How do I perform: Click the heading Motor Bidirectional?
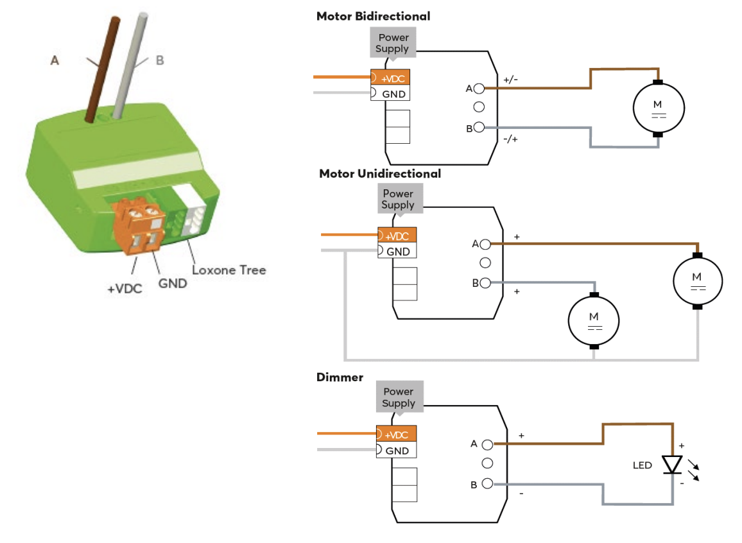point(373,16)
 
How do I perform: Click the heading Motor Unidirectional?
point(379,173)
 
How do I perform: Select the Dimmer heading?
point(340,377)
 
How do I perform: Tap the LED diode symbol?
point(672,464)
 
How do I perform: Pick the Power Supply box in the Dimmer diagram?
point(398,397)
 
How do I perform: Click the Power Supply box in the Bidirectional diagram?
point(393,43)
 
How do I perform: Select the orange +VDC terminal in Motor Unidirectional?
point(397,236)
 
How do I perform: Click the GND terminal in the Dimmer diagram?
point(397,451)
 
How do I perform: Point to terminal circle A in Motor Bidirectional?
point(479,88)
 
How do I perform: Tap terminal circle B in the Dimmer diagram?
point(487,484)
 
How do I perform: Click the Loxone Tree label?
point(229,270)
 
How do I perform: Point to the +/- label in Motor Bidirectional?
point(511,80)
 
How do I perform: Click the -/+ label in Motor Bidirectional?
point(511,138)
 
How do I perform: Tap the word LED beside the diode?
point(643,465)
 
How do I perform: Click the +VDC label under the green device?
point(124,289)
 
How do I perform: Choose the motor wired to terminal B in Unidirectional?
point(594,320)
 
